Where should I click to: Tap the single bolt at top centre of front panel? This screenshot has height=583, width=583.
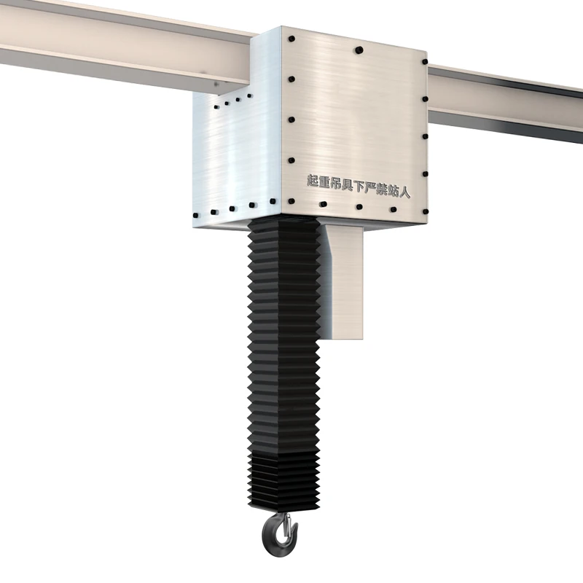point(359,51)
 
